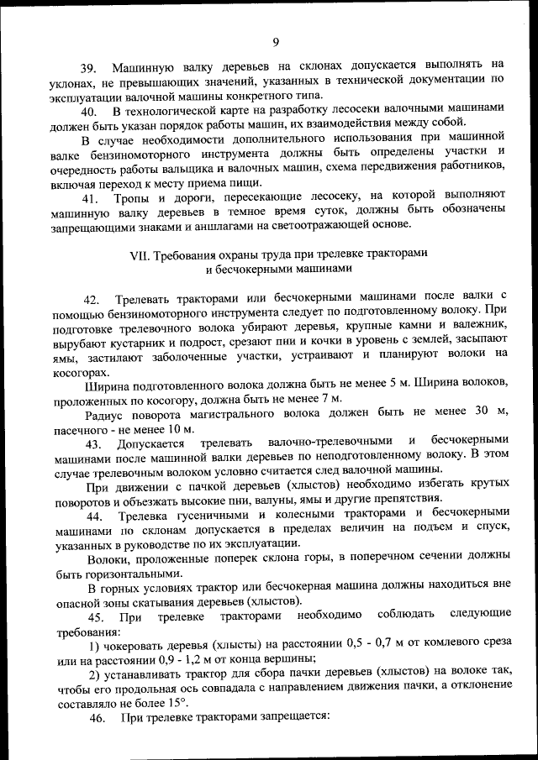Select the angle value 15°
point(175,702)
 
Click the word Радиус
point(107,413)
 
